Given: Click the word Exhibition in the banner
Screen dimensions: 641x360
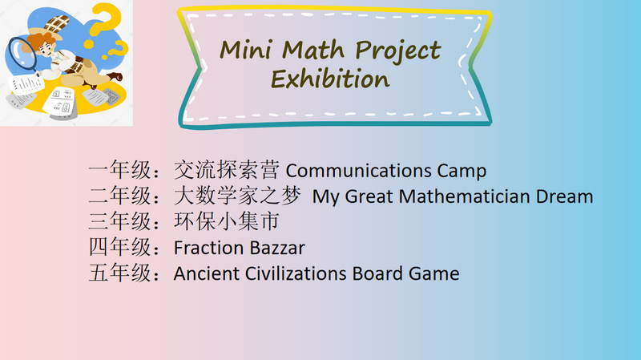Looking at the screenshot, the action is tap(330, 79).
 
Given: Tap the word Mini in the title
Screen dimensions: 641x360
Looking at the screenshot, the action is tap(246, 50).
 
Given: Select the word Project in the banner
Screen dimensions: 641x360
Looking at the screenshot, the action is tap(397, 51).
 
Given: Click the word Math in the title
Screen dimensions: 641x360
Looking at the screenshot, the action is tap(313, 50).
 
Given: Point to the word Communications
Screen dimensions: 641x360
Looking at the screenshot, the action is tap(358, 171).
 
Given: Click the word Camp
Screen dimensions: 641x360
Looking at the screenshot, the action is tap(462, 172).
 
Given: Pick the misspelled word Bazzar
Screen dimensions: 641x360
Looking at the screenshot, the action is tap(277, 248).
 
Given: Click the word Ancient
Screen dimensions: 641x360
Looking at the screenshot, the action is tap(207, 273).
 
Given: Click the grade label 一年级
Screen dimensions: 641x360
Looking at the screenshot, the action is tap(120, 170).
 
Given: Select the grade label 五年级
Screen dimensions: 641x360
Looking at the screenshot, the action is tap(120, 273).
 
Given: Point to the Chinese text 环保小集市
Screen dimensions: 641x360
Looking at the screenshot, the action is tap(227, 221).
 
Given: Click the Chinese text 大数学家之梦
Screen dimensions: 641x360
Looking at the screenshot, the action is tap(237, 196).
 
